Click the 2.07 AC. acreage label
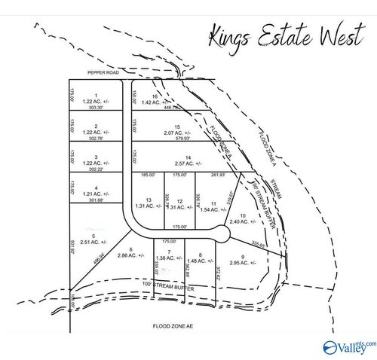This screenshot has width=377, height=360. pos(177,133)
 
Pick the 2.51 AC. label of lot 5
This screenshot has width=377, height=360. pos(94,243)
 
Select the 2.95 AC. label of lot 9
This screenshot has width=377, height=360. pos(244,263)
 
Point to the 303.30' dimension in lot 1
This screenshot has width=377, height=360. pos(96,108)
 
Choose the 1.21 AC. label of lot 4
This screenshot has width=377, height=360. pos(95,193)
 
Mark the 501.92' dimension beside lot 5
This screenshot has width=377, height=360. pos(73,247)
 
